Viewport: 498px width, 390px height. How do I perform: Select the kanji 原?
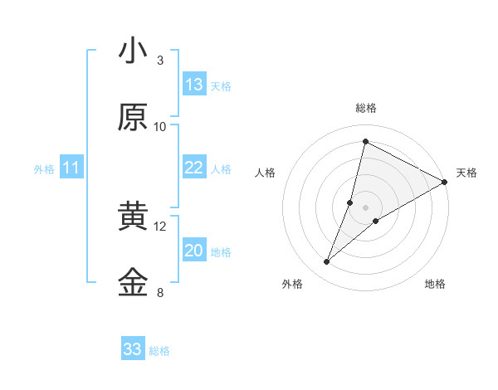point(133,118)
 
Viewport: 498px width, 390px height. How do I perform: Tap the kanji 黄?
point(133,217)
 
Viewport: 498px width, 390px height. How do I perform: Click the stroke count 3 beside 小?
point(160,60)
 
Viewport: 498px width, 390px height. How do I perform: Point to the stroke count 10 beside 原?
point(160,126)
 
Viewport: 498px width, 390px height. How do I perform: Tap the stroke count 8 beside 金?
point(160,292)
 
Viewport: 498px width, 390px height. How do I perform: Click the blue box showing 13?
point(194,85)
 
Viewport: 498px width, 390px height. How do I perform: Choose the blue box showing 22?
point(194,168)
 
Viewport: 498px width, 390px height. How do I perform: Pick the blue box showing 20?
point(194,251)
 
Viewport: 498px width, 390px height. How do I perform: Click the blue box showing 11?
point(71,168)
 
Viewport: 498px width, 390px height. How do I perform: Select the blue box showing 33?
point(133,349)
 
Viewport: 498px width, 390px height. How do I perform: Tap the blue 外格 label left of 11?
point(44,169)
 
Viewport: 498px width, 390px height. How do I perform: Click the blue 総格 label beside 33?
point(159,351)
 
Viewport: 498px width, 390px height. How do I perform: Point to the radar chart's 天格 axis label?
point(466,173)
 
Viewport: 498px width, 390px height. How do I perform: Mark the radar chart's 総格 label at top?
point(366,108)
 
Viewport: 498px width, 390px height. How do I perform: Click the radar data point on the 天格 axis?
point(445,182)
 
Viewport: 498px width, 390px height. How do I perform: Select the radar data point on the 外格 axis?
point(327,262)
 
